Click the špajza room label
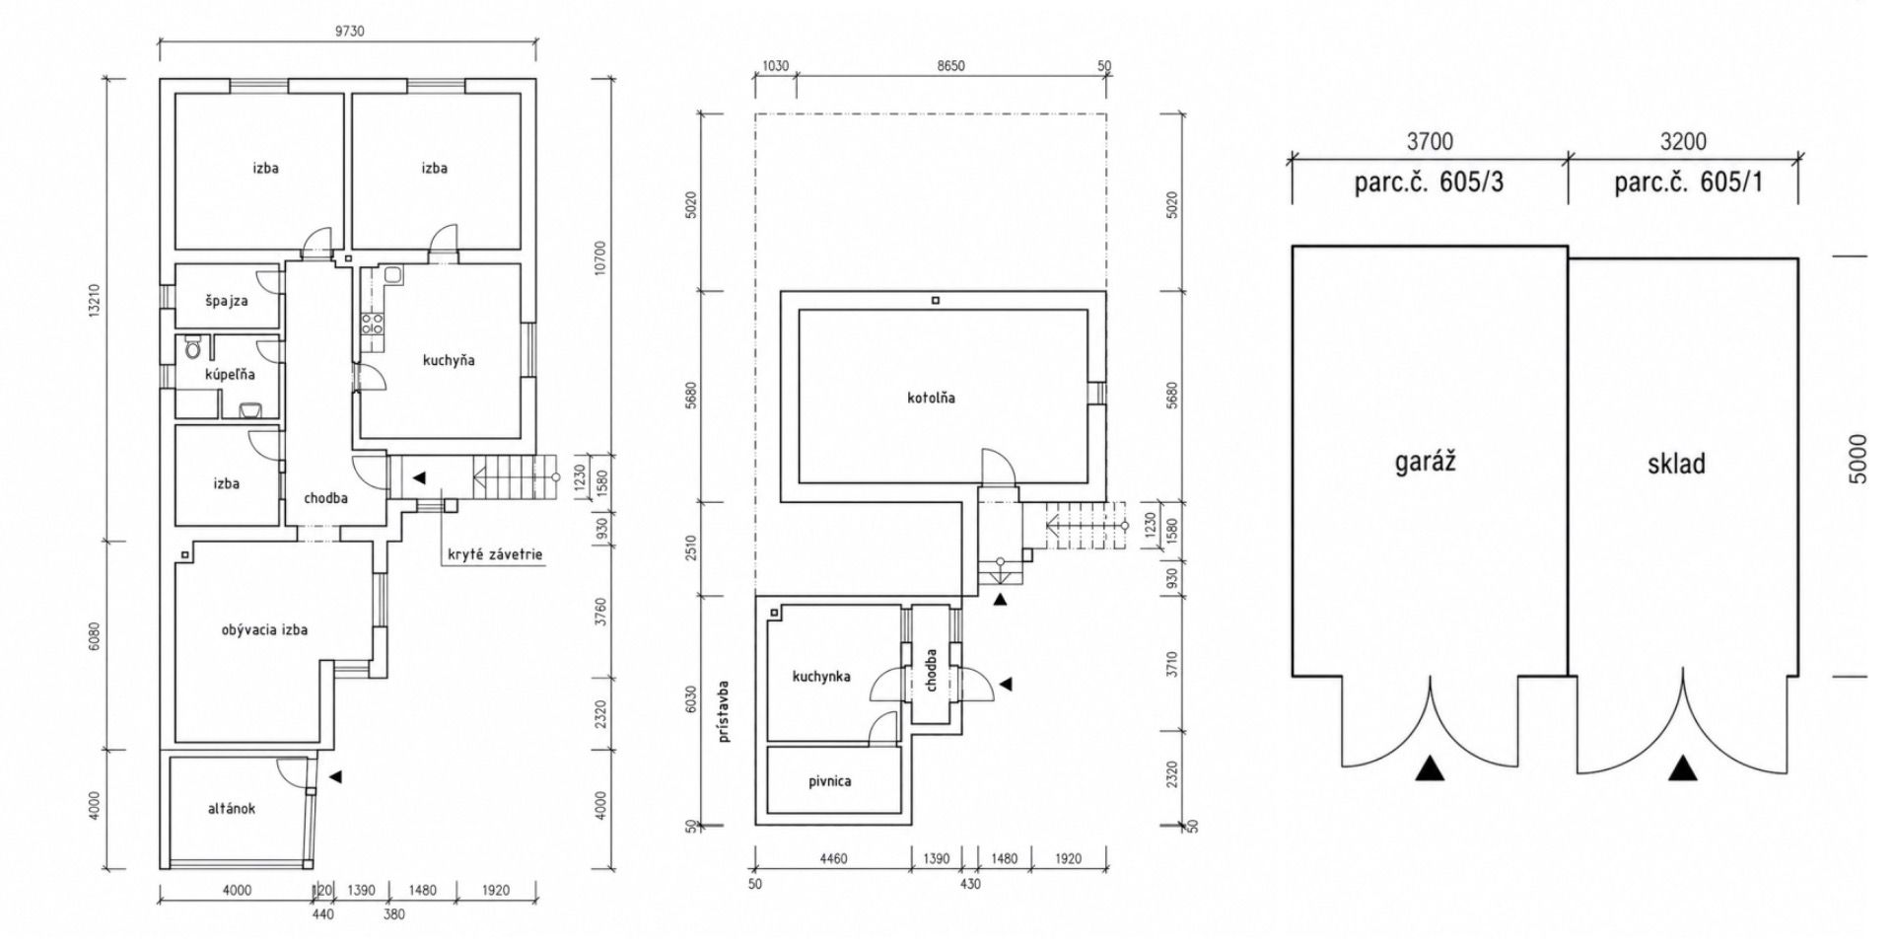[227, 301]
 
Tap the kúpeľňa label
[230, 375]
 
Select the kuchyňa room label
[449, 360]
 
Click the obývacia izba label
[264, 629]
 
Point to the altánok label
[232, 809]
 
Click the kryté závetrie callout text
[495, 554]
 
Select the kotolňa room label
[932, 399]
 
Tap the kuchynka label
[821, 677]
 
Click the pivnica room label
[829, 781]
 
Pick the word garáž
[1426, 462]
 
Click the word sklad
[1676, 464]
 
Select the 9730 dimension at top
[349, 31]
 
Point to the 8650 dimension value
[950, 66]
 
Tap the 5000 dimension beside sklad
[1858, 459]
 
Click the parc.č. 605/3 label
[1429, 182]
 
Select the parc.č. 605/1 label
[1688, 182]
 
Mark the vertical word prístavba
[725, 710]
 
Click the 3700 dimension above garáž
[1430, 142]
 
